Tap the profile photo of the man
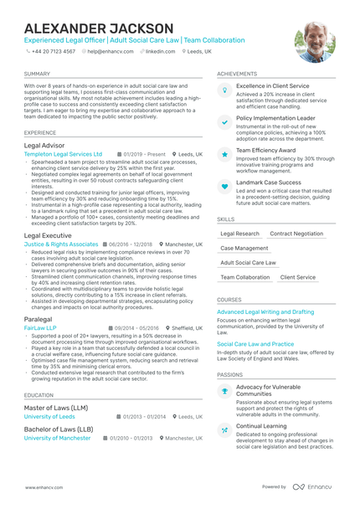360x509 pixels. pyautogui.click(x=315, y=42)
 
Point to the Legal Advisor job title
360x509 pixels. pyautogui.click(x=44, y=145)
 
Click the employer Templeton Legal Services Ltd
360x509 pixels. pyautogui.click(x=63, y=154)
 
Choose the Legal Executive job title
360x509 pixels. pyautogui.click(x=49, y=235)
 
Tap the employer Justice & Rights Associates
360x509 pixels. pyautogui.click(x=61, y=244)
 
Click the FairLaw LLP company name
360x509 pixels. pyautogui.click(x=40, y=328)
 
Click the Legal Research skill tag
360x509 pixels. pyautogui.click(x=239, y=234)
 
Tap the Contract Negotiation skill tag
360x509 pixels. pyautogui.click(x=296, y=234)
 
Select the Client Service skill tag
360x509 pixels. pyautogui.click(x=298, y=276)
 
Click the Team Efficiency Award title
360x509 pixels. pyautogui.click(x=265, y=150)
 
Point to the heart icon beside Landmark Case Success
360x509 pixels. pyautogui.click(x=224, y=186)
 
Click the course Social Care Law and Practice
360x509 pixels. pyautogui.click(x=255, y=343)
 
